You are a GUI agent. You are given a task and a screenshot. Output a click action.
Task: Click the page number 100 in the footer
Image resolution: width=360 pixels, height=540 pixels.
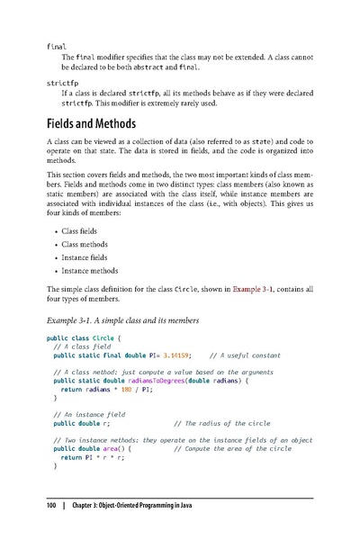pyautogui.click(x=52, y=508)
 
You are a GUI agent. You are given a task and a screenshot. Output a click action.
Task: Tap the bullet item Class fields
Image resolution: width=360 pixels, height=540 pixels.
pyautogui.click(x=81, y=231)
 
